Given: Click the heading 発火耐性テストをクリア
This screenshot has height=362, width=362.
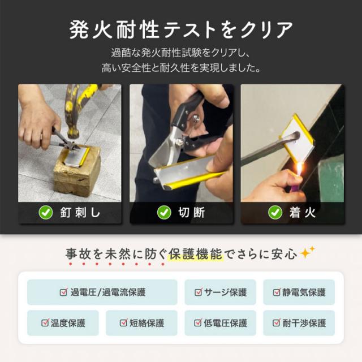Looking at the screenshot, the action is click(181, 30).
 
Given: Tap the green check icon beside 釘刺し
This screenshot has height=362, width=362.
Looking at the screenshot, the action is click(46, 213).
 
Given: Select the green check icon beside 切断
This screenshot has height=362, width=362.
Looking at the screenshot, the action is click(164, 213).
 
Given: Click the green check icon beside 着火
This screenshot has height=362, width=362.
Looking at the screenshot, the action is click(275, 213).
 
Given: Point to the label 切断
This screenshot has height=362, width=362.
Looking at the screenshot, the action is click(191, 213).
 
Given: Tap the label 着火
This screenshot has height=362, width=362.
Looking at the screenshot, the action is click(303, 213).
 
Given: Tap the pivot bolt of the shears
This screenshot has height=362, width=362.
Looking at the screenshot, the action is click(196, 118).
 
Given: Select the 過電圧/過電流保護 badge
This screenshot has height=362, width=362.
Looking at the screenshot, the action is click(102, 292).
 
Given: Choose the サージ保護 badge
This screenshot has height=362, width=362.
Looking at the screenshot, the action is click(220, 292).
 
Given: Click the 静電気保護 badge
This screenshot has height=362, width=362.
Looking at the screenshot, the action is click(299, 292).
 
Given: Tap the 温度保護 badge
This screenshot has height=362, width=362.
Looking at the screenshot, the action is click(63, 323).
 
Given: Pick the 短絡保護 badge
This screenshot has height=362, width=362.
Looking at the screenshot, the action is click(141, 323).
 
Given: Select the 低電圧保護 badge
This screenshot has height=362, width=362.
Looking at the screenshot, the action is click(220, 323).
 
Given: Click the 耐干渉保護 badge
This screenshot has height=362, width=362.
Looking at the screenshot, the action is click(299, 323).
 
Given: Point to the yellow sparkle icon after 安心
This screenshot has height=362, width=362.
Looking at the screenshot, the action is click(307, 252).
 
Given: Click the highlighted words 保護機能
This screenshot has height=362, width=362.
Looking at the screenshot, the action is click(195, 254).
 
